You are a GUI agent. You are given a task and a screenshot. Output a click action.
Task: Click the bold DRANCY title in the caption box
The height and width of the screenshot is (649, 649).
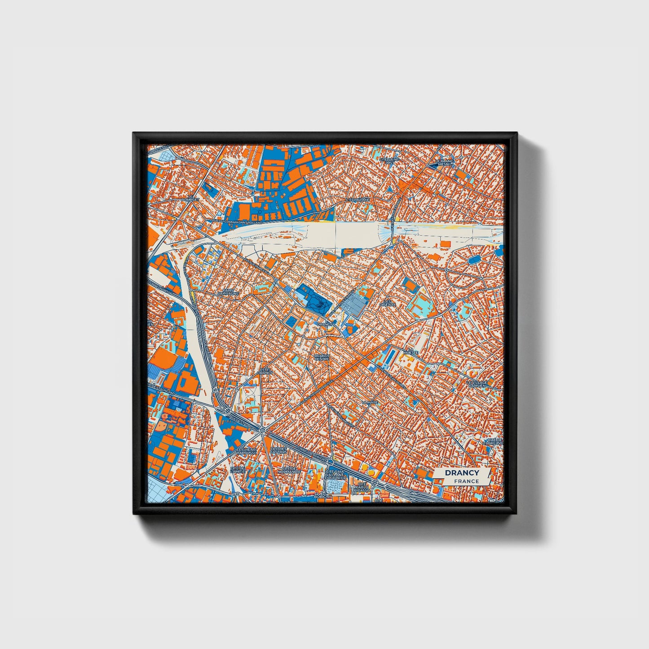462,473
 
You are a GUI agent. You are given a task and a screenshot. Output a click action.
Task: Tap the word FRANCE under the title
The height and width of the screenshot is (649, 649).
466,481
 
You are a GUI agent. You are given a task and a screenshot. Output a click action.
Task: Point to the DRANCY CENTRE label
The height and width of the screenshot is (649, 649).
322,357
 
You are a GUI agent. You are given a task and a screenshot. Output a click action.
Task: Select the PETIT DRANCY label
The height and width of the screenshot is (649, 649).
265,371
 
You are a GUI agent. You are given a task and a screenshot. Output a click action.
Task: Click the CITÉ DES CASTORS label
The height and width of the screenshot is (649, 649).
278,450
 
